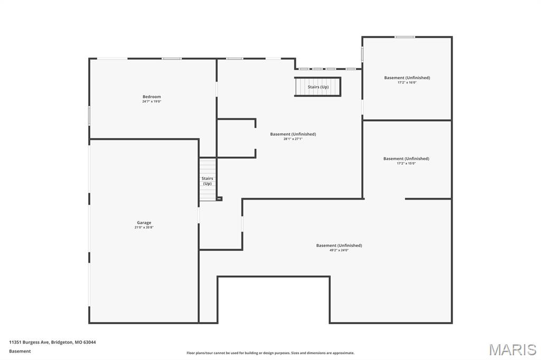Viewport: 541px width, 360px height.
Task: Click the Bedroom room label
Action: [152, 97]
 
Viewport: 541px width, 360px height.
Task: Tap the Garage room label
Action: [144, 223]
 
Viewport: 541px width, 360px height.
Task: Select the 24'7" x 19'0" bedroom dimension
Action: [152, 101]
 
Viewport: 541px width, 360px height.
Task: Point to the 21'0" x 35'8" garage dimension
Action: [144, 228]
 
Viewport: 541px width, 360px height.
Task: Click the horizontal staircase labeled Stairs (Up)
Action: [318, 87]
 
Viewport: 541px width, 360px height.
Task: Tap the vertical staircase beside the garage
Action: [207, 179]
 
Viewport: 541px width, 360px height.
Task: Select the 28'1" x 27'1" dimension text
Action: [293, 139]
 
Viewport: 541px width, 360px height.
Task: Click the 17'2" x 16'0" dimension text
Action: [407, 82]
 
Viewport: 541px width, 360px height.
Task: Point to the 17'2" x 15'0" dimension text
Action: [406, 163]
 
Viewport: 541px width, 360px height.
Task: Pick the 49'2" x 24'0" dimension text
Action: [339, 250]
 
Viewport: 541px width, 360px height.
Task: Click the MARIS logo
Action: [512, 349]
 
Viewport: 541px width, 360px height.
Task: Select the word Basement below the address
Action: [20, 351]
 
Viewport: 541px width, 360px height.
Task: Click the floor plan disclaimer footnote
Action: [270, 353]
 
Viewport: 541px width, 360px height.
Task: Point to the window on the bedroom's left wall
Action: [89, 116]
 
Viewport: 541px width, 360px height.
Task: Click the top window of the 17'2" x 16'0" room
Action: [405, 37]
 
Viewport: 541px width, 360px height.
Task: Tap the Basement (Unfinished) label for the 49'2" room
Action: [339, 245]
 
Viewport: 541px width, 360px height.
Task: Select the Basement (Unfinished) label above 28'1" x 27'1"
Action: [293, 134]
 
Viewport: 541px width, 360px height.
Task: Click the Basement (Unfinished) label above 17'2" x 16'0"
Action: [407, 78]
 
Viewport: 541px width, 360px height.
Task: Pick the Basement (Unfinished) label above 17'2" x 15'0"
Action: [406, 158]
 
